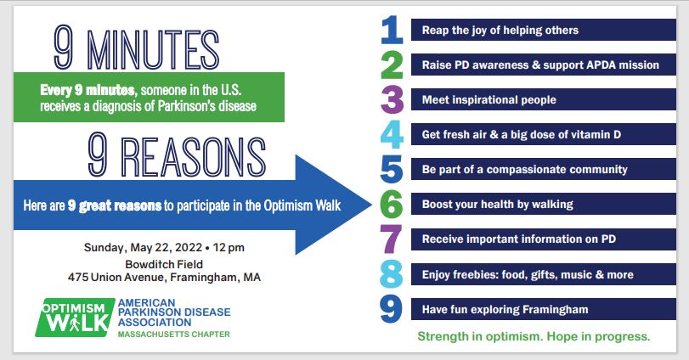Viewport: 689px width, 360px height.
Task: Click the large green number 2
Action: coord(392,65)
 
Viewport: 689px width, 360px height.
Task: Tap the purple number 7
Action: coord(391,239)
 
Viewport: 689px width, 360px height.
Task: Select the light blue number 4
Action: coord(392,134)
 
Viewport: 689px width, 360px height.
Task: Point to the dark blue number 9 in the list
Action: coord(391,309)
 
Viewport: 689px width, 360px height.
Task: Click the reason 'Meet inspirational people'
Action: coord(489,99)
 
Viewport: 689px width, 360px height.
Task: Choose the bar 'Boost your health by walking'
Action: coord(544,204)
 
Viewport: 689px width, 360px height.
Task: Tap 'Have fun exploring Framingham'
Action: coord(505,310)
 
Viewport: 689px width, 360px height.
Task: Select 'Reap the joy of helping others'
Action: coord(500,30)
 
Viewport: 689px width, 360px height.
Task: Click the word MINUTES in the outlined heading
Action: coord(153,50)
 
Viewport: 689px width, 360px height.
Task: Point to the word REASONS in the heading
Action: coord(194,157)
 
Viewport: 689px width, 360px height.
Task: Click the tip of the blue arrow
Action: coord(372,205)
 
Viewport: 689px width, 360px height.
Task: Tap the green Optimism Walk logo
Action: coord(75,318)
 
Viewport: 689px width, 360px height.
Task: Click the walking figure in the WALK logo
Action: coord(75,323)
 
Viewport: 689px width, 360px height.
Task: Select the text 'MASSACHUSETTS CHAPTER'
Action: coord(173,334)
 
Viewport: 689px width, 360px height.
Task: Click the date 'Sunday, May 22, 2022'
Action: coord(143,248)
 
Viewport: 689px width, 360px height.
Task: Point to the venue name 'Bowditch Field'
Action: coord(164,264)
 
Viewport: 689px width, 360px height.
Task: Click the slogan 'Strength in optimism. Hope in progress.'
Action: coord(534,337)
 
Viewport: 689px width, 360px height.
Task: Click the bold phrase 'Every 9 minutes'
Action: coord(88,90)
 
